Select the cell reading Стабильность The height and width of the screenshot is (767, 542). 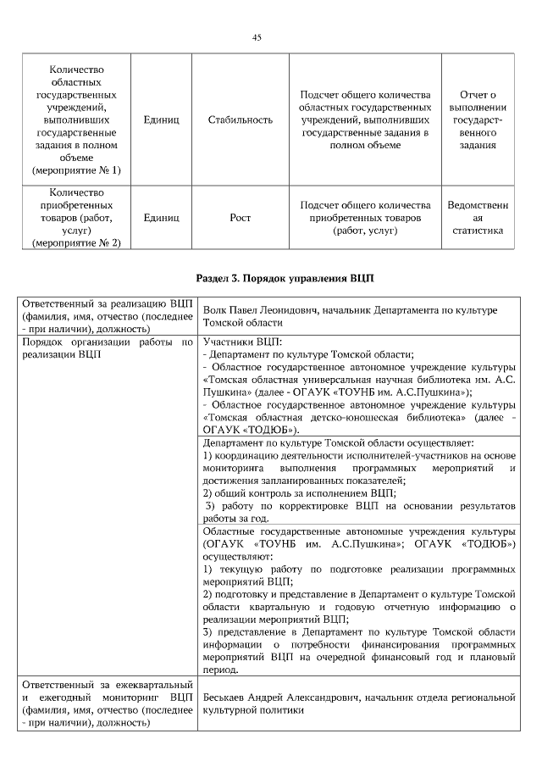tap(240, 120)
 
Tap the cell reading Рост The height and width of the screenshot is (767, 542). tap(240, 218)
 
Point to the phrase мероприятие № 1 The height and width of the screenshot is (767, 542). tap(76, 170)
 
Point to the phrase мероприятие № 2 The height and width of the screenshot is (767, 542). tap(76, 243)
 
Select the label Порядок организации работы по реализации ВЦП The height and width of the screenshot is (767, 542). tap(108, 347)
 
